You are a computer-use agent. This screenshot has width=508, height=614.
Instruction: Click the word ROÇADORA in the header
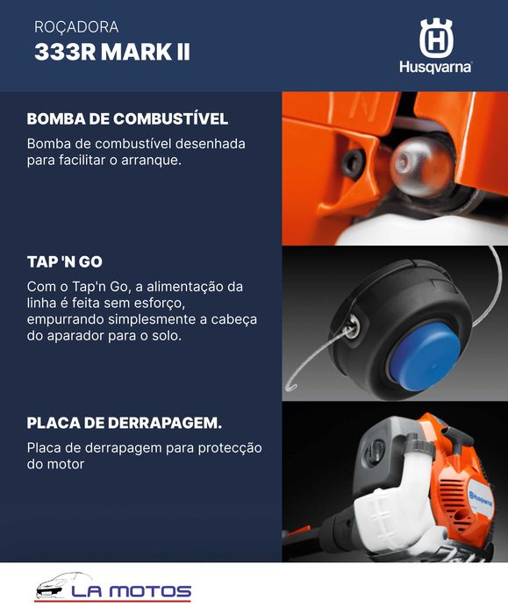tap(76, 28)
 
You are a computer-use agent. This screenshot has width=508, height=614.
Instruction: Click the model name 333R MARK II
tap(111, 53)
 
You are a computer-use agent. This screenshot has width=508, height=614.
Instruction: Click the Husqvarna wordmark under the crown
tap(435, 68)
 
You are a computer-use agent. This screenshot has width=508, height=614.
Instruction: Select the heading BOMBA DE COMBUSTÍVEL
tap(127, 119)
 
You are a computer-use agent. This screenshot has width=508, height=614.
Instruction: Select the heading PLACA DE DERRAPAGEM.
tap(124, 424)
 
